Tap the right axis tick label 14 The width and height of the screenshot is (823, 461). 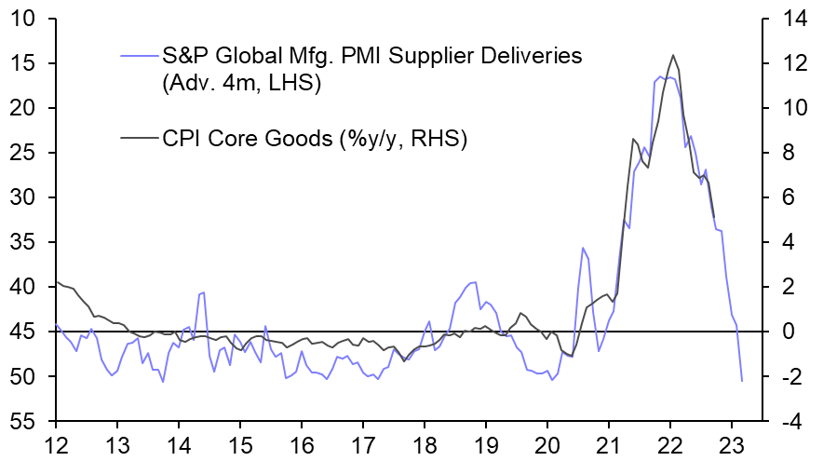pos(791,19)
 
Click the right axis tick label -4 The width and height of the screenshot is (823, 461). pos(791,421)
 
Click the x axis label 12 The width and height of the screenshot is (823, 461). pos(55,443)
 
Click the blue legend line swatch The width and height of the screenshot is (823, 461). pos(138,56)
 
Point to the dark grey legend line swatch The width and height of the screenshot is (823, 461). pos(138,139)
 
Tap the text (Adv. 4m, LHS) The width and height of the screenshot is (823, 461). pos(241,84)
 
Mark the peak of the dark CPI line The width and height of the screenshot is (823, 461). pos(672,55)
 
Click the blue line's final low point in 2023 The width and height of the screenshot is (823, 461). pos(742,380)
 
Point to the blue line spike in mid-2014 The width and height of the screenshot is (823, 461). pos(202,292)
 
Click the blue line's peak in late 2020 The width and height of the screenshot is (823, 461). pos(583,248)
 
